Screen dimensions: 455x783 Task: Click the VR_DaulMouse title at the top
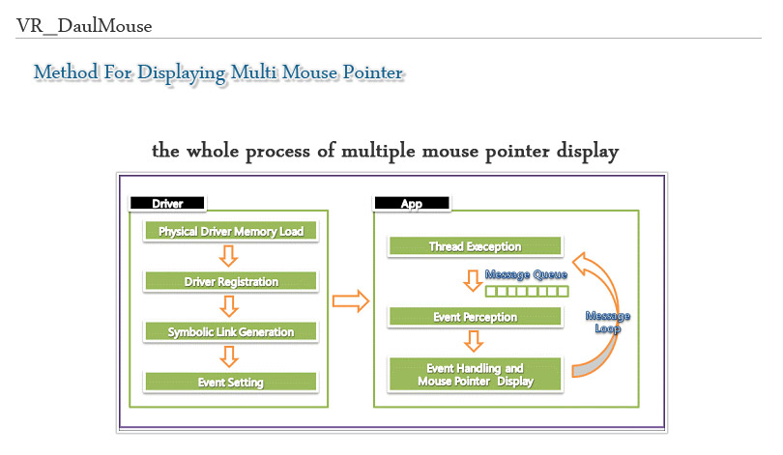pos(84,26)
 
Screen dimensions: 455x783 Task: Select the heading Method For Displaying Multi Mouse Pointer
pos(217,72)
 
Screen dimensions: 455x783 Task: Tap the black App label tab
pos(412,203)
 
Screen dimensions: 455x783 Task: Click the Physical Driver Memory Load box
pos(231,232)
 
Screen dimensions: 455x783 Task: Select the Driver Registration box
pos(231,281)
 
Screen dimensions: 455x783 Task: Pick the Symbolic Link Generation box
pos(231,331)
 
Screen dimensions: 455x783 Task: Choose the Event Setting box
pos(231,382)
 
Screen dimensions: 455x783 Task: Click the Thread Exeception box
pos(475,246)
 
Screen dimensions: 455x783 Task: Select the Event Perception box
pos(475,317)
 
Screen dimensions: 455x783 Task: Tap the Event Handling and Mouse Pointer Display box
pos(475,374)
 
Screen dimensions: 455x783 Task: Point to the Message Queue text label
pos(527,274)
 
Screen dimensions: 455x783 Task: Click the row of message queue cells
pos(527,291)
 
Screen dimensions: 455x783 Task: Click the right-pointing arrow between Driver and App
pos(351,301)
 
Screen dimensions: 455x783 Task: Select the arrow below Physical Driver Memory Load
pos(229,257)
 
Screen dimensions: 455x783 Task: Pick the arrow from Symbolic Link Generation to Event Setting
pos(229,356)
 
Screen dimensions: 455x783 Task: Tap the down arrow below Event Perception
pos(473,341)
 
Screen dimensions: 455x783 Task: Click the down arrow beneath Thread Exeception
pos(473,279)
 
